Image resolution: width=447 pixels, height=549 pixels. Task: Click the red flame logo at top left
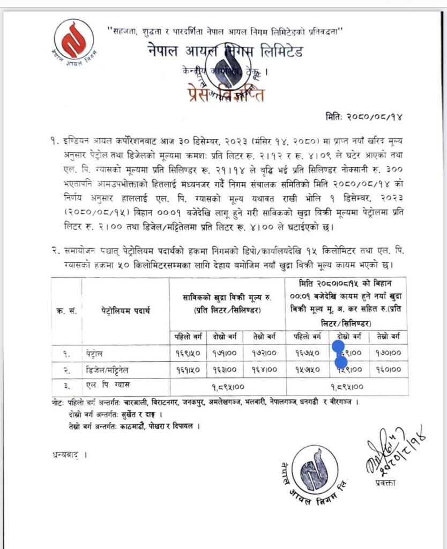click(73, 39)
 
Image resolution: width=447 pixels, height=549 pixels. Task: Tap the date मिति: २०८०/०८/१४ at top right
click(370, 116)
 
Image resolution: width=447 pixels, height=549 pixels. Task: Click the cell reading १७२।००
click(267, 353)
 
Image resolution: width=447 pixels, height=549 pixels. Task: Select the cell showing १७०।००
click(389, 353)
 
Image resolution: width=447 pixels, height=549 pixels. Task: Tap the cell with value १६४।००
click(267, 370)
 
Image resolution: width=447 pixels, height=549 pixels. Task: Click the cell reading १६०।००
click(389, 370)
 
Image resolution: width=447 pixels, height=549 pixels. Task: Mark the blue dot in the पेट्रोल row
click(339, 348)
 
